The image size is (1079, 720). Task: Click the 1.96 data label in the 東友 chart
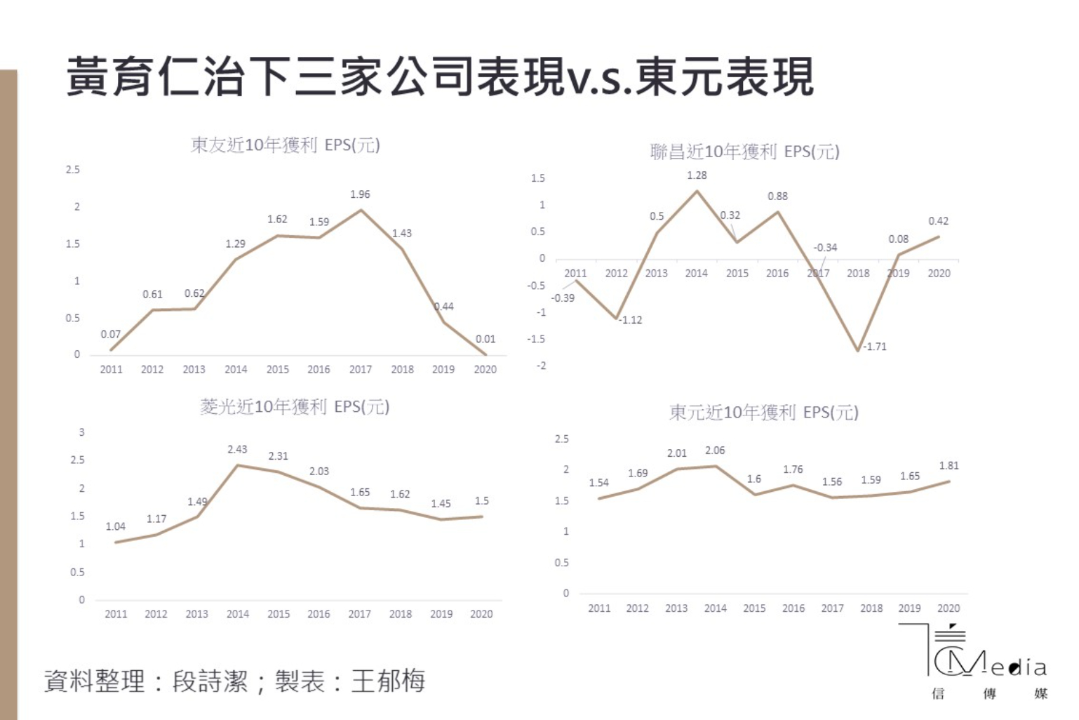(360, 194)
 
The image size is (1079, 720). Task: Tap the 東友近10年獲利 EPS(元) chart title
(285, 145)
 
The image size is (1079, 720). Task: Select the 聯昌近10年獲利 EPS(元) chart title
(744, 152)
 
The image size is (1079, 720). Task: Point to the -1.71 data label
(874, 347)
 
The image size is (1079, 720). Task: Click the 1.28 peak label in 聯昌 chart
(697, 175)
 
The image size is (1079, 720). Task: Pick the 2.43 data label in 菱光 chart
(237, 449)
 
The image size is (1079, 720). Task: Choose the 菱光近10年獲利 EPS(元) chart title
(295, 407)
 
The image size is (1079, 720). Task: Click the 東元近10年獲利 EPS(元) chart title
(763, 413)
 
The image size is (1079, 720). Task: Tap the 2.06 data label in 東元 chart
(715, 451)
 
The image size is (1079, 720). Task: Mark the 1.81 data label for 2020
(949, 466)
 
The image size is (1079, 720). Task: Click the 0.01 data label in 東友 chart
(485, 339)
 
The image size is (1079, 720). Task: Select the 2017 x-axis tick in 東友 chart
(361, 369)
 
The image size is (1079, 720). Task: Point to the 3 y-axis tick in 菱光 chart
(81, 432)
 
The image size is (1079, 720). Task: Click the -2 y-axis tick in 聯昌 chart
(541, 366)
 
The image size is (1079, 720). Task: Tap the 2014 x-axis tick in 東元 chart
(715, 608)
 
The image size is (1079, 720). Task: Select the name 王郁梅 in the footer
(388, 681)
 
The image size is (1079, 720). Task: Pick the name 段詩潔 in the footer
(210, 681)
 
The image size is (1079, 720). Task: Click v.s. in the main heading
(601, 79)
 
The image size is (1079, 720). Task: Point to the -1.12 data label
(631, 320)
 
